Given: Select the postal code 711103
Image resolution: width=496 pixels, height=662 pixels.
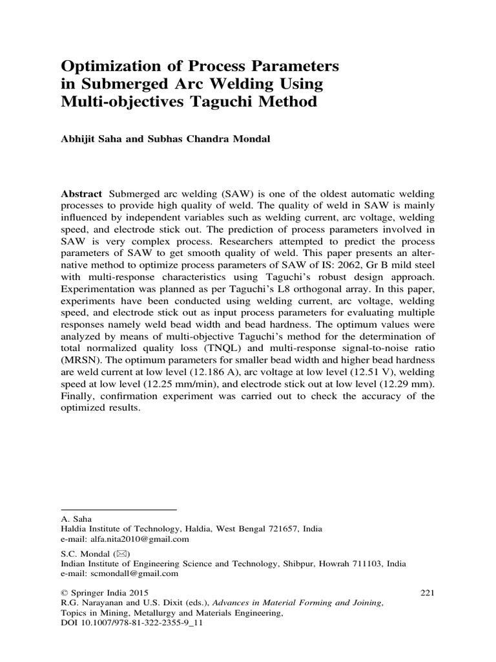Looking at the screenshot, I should (362, 563).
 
